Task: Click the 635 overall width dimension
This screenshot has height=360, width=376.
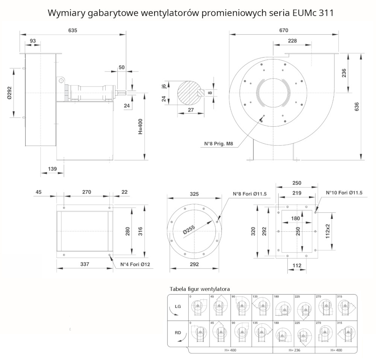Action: tap(73, 30)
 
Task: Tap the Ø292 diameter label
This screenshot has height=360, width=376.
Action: tap(10, 93)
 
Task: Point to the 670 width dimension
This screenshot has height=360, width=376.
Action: tap(284, 30)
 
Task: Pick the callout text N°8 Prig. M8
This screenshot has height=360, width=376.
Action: tap(220, 144)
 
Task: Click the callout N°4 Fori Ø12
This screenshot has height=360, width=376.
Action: tap(135, 264)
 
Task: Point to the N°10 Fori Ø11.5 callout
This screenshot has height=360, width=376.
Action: tap(344, 193)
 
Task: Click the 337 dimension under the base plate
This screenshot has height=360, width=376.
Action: tap(85, 264)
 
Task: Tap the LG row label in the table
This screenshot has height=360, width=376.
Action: tap(178, 307)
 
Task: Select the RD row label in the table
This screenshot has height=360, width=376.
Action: tap(178, 333)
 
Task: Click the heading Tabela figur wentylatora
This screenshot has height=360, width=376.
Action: tap(200, 289)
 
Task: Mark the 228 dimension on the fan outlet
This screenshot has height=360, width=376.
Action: tap(292, 41)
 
